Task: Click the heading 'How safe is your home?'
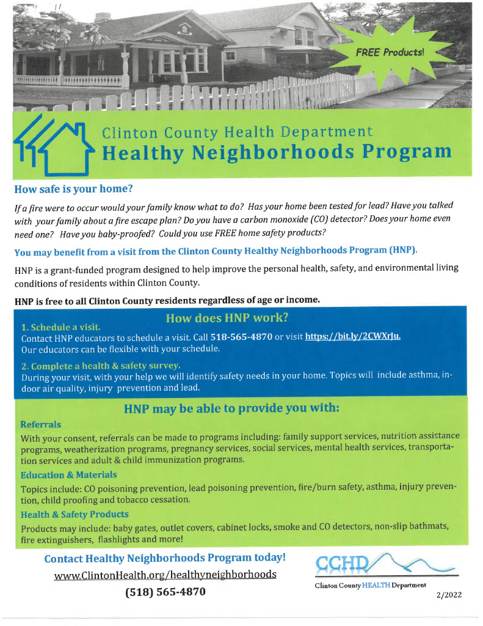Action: (74, 187)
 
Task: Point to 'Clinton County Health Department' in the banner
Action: (237, 131)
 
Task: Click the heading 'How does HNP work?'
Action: (227, 318)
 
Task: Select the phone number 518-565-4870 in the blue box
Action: (241, 337)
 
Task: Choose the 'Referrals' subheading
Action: (41, 424)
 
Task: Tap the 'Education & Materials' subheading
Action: (68, 474)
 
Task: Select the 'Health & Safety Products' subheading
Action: (74, 514)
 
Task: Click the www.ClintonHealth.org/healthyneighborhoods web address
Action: (165, 575)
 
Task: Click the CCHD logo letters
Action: (341, 564)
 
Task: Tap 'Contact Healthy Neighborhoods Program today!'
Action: (165, 558)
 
